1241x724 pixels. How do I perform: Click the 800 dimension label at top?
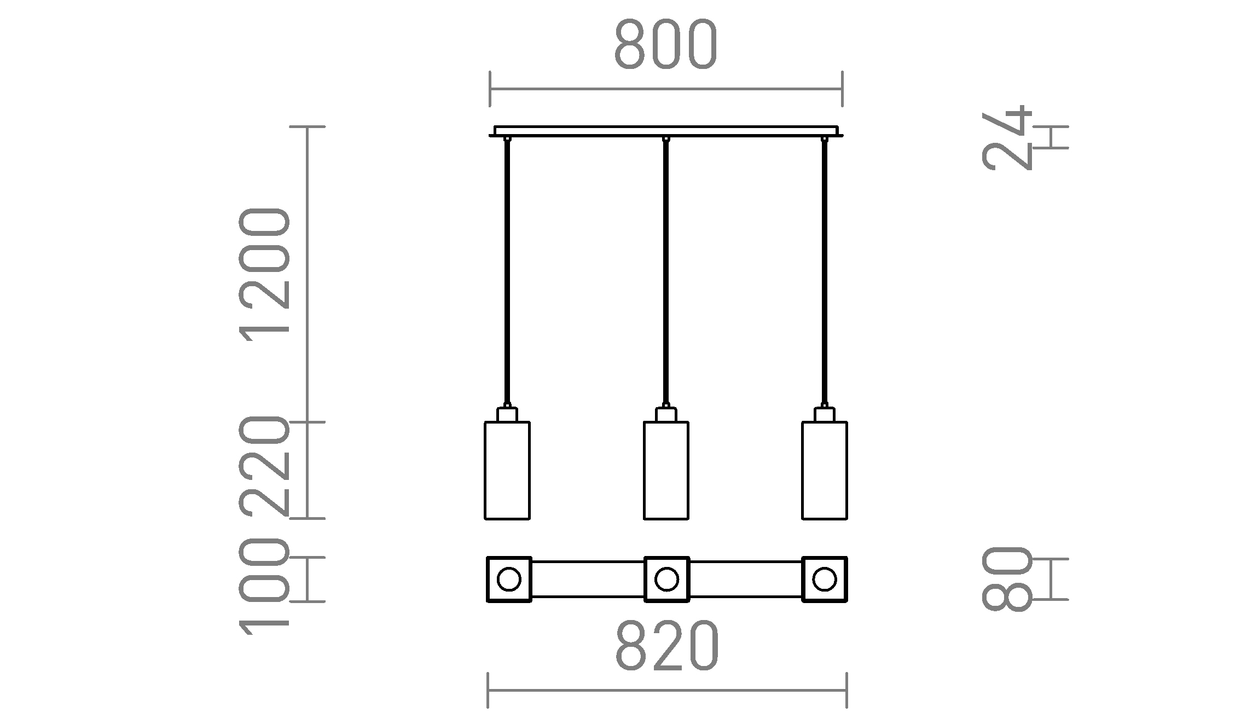(x=665, y=45)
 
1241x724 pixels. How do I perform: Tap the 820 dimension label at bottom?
(x=667, y=646)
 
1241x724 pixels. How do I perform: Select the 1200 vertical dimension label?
(x=264, y=274)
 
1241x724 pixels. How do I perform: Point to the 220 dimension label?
(x=264, y=466)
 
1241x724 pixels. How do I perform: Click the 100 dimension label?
(x=264, y=586)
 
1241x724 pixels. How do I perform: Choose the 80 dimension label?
(x=1007, y=579)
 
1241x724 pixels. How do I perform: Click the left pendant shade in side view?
(x=507, y=470)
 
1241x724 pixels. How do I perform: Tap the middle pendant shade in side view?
(x=666, y=470)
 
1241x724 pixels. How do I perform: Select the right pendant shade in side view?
(x=825, y=470)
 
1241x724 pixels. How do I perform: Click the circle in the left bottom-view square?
(x=509, y=580)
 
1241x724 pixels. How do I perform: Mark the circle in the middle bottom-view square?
(x=666, y=580)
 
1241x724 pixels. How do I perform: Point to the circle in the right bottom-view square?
(x=825, y=580)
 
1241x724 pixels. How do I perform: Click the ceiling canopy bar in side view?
(x=666, y=131)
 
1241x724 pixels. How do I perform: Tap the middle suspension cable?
(x=666, y=274)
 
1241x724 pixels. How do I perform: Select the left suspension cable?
(x=507, y=274)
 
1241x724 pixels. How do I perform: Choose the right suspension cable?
(x=825, y=274)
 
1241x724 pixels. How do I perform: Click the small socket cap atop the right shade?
(x=825, y=414)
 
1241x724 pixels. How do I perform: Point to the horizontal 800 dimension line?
(x=666, y=89)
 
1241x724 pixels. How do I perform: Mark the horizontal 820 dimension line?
(x=667, y=691)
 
